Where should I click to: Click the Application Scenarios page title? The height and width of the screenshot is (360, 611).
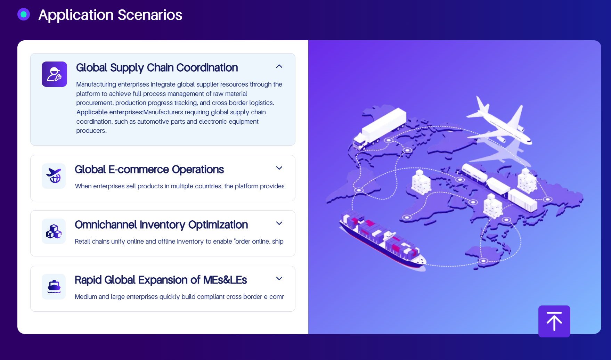coord(110,15)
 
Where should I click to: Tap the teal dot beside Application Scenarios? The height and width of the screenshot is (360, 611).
coord(24,14)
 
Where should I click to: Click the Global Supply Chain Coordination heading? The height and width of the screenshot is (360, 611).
coord(157,67)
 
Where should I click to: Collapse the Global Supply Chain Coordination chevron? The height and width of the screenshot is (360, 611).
coord(279,66)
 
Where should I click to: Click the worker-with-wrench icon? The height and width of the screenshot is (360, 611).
coord(54,74)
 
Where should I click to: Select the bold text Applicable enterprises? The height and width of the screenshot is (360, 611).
coord(109,112)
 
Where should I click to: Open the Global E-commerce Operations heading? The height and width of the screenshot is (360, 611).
coord(149,169)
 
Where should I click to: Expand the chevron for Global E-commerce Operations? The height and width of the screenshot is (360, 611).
coord(279,168)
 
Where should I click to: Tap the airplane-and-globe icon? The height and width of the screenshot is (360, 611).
coord(54,176)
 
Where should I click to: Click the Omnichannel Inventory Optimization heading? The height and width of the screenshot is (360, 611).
coord(161,224)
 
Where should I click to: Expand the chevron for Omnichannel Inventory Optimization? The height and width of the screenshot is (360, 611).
coord(279,223)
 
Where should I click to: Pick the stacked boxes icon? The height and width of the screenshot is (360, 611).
coord(54,231)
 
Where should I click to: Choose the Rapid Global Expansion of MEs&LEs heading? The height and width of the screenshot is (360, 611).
coord(161,280)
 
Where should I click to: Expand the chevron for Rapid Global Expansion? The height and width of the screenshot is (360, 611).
coord(279,279)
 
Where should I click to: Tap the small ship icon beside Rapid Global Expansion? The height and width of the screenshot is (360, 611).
coord(54,287)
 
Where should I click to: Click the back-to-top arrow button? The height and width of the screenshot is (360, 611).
coord(554,321)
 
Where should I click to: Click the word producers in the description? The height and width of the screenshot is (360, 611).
coord(91,131)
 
